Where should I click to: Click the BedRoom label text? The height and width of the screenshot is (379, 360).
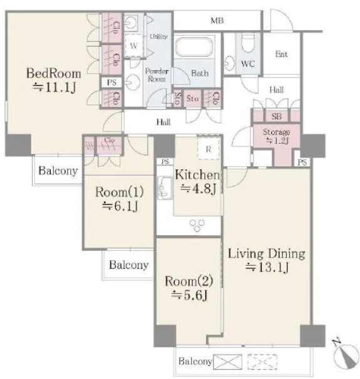click(53, 73)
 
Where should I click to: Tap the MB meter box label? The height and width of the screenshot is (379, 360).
click(217, 21)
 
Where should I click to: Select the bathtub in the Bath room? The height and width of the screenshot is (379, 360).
click(194, 47)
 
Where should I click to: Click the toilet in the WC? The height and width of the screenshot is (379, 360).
click(248, 43)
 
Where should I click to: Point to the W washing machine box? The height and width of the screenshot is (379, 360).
click(133, 45)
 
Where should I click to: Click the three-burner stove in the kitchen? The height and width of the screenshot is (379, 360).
click(197, 225)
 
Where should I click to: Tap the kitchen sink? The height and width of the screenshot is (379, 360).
click(165, 188)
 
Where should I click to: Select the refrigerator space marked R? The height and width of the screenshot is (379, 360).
click(208, 148)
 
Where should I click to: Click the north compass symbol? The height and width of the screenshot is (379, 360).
click(346, 355)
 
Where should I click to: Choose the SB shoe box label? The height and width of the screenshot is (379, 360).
click(277, 116)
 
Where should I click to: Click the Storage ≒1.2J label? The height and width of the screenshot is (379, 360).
click(277, 136)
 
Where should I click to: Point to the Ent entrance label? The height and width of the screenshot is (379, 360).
click(281, 54)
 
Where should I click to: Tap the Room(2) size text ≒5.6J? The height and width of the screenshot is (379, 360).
click(189, 295)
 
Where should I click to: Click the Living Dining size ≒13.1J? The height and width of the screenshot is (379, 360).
click(267, 267)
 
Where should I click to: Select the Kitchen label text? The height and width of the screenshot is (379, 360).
click(197, 174)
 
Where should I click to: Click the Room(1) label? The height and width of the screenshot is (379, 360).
click(120, 192)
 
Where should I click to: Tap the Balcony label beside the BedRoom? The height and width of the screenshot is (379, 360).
click(58, 171)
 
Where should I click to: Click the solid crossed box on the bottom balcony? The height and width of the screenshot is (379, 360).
click(228, 361)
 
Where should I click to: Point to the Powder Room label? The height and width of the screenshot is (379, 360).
click(157, 75)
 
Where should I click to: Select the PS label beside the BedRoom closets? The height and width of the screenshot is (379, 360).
click(111, 83)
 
